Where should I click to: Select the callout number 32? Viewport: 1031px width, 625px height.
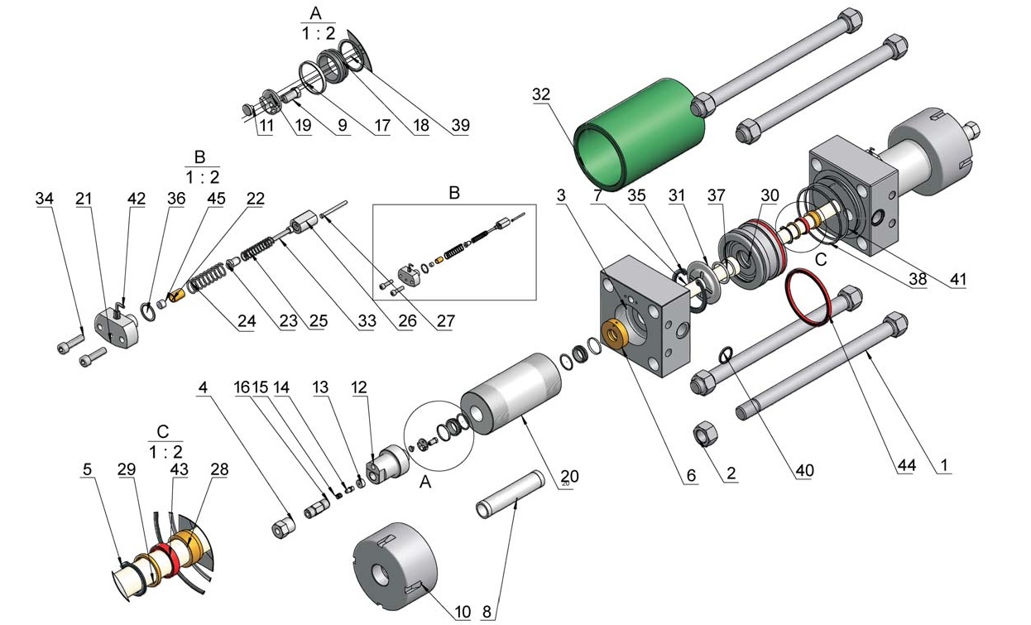click(x=541, y=94)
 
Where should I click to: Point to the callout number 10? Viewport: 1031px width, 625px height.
click(x=463, y=612)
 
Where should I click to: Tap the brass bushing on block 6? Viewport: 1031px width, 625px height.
click(x=615, y=332)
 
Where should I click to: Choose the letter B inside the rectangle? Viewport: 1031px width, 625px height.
click(x=453, y=193)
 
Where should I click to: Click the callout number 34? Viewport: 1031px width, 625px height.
click(x=44, y=199)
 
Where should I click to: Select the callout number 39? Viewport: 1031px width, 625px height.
click(x=461, y=126)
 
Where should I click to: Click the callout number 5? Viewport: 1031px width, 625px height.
click(x=87, y=469)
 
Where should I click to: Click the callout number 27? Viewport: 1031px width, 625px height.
click(x=445, y=321)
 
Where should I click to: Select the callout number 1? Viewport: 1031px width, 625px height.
click(x=942, y=465)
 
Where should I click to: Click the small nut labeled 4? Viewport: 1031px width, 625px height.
click(x=284, y=526)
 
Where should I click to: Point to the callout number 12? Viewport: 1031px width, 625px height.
click(x=358, y=387)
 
